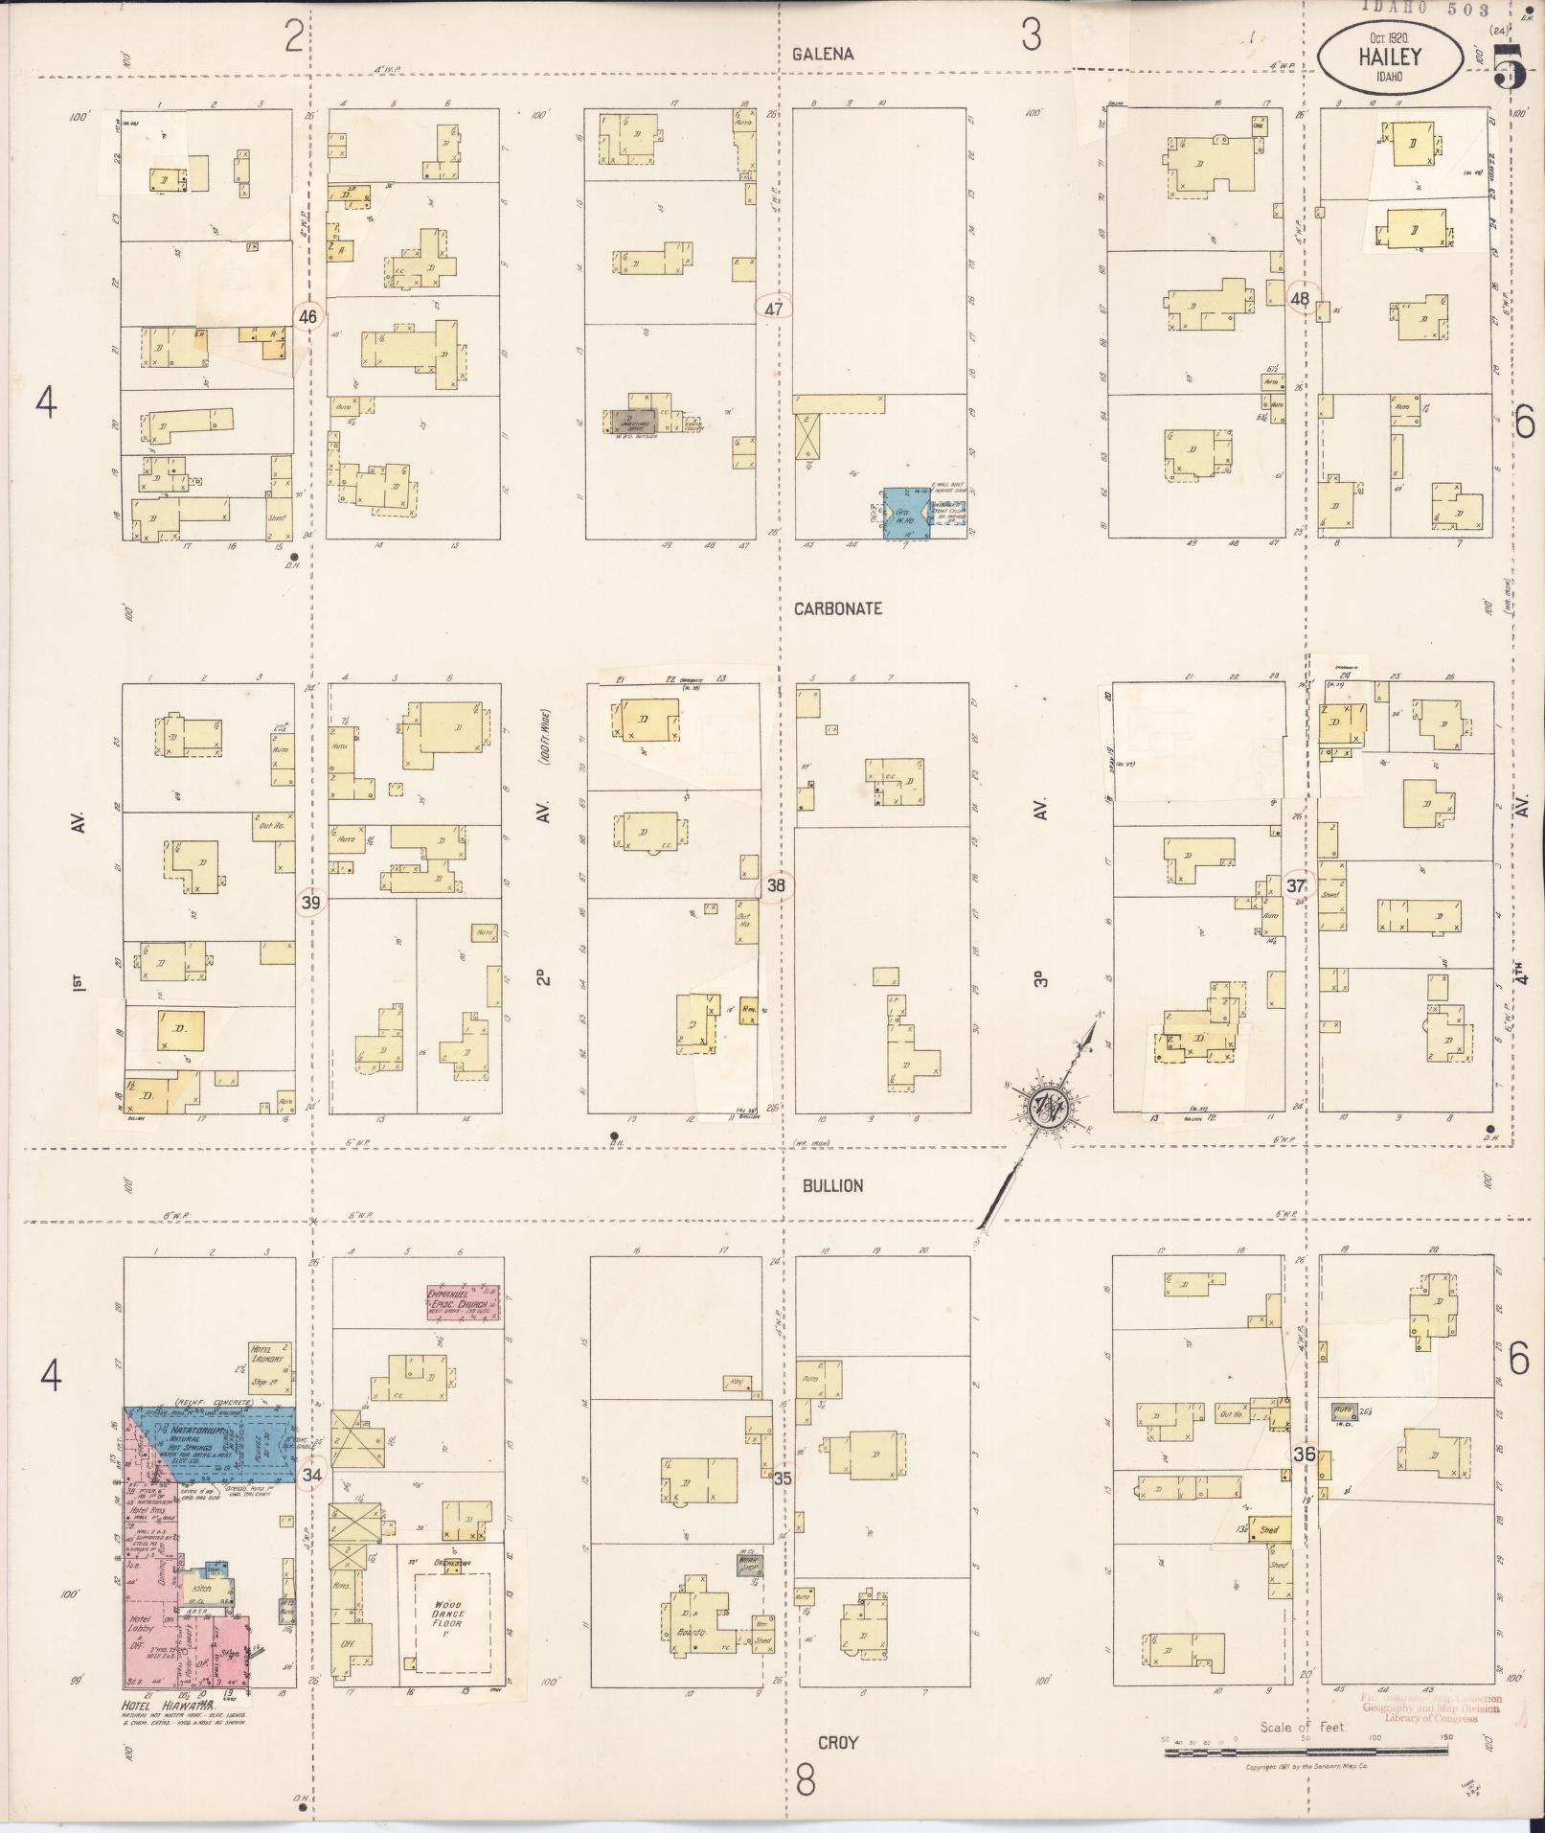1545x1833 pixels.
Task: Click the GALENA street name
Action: (x=823, y=55)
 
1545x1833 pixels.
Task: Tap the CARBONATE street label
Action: (x=837, y=608)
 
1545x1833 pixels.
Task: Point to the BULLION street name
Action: (x=833, y=1185)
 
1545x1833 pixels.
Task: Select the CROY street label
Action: (x=837, y=1742)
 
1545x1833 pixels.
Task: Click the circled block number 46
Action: (x=307, y=315)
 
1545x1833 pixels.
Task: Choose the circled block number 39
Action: (x=310, y=902)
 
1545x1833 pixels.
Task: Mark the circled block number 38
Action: (x=776, y=886)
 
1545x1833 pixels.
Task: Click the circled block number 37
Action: (x=1296, y=886)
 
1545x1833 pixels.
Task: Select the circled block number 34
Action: (x=312, y=1474)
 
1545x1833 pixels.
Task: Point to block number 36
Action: (x=1303, y=1453)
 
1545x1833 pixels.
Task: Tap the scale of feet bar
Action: (x=1306, y=1753)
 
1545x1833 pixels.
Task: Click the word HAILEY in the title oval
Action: (x=1389, y=57)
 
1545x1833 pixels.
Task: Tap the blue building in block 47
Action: (x=904, y=513)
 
